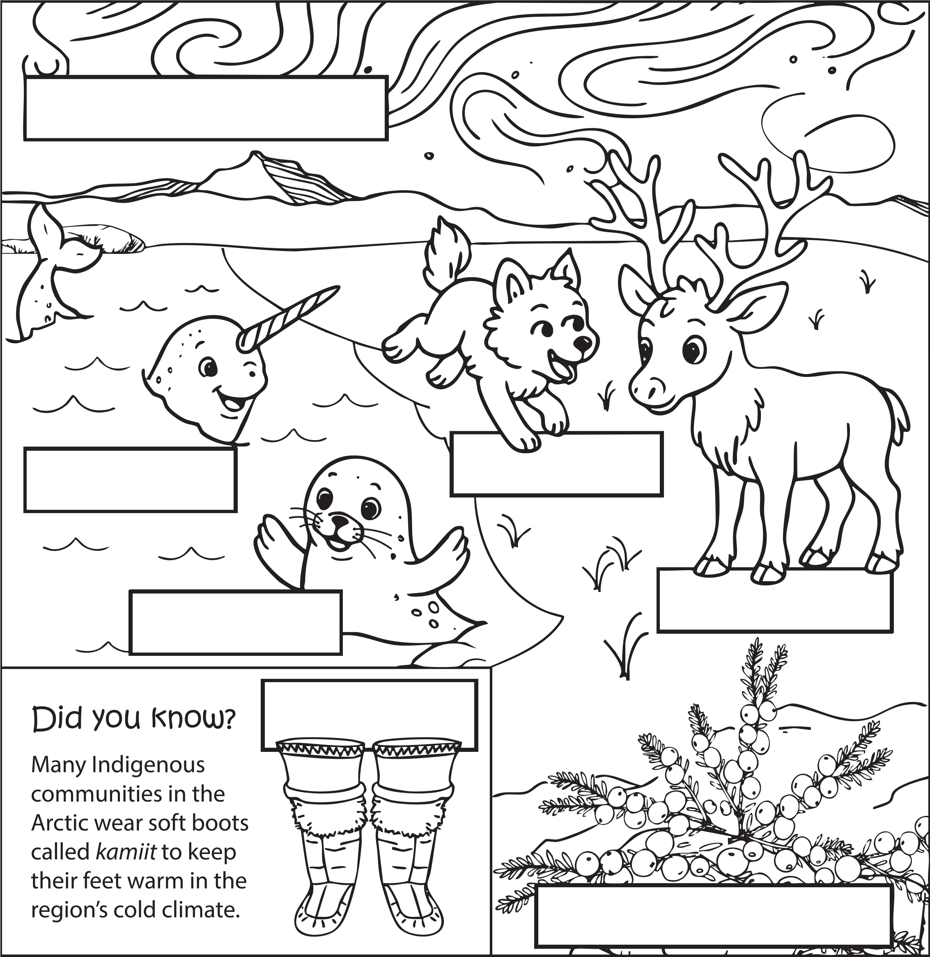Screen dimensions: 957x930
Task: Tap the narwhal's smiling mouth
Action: (230, 403)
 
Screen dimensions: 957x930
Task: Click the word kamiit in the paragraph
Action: (126, 852)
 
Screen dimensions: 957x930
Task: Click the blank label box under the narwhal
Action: (131, 480)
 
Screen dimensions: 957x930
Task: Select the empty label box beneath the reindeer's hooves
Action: (775, 601)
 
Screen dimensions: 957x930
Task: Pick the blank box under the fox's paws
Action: (556, 464)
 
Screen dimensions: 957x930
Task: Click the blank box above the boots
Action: (369, 714)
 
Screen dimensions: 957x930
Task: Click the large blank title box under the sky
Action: (205, 108)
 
